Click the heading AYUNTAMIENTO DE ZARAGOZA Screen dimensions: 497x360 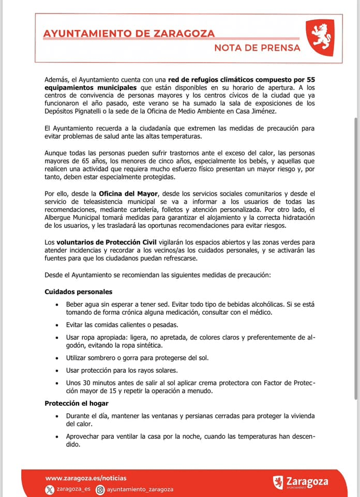(129, 34)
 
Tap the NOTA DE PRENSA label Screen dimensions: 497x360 (257, 48)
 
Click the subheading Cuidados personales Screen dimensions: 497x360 (78, 292)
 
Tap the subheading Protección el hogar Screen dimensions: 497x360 (76, 403)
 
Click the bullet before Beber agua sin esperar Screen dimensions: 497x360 (56, 305)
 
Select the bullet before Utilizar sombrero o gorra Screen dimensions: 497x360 (56, 358)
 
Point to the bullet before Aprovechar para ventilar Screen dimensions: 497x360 (56, 436)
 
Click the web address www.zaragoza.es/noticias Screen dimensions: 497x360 (86, 478)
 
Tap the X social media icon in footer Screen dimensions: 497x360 (50, 489)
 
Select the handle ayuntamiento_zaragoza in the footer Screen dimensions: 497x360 (141, 489)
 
